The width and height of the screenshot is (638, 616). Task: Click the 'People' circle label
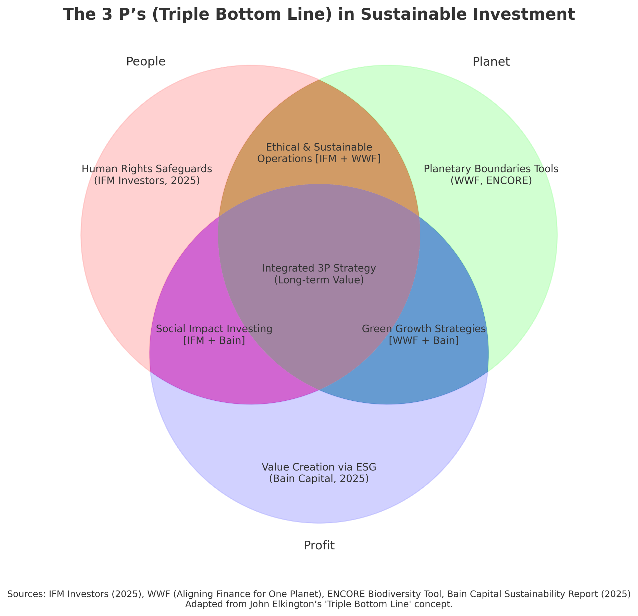click(146, 61)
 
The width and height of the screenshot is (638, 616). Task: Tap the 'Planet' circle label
click(491, 61)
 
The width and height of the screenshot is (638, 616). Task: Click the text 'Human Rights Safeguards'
click(147, 169)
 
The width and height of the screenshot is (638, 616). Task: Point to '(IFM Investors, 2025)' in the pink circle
click(147, 180)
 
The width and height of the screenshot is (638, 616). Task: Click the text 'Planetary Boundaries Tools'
click(491, 169)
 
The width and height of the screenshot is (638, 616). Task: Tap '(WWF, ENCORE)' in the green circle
click(491, 180)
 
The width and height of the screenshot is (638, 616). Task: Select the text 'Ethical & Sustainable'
click(319, 147)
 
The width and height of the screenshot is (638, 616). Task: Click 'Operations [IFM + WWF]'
click(319, 159)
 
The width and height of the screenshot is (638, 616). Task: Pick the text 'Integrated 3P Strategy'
click(319, 268)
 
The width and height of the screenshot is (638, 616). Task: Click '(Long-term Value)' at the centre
click(319, 280)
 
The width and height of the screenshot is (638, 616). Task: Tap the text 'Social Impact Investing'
click(214, 329)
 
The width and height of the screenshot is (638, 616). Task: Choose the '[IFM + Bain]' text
click(214, 341)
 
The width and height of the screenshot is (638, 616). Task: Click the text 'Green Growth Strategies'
click(424, 329)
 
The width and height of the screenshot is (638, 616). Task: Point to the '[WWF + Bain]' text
click(424, 341)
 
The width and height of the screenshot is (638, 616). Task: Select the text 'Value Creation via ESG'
click(319, 467)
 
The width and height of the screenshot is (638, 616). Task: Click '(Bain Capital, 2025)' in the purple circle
click(319, 479)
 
